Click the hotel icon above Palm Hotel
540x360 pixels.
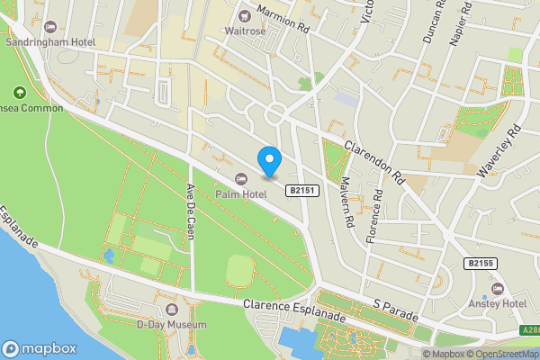pos(240,177)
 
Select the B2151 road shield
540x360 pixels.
pos(301,191)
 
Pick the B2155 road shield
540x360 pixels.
pos(481,263)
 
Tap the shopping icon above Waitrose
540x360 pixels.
pos(244,13)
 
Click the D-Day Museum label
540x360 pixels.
pos(172,324)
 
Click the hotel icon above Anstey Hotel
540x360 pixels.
pos(497,289)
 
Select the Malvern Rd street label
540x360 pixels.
pos(346,203)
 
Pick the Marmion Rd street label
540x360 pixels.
pos(283,17)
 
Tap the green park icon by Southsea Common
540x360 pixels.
pos(19,92)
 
